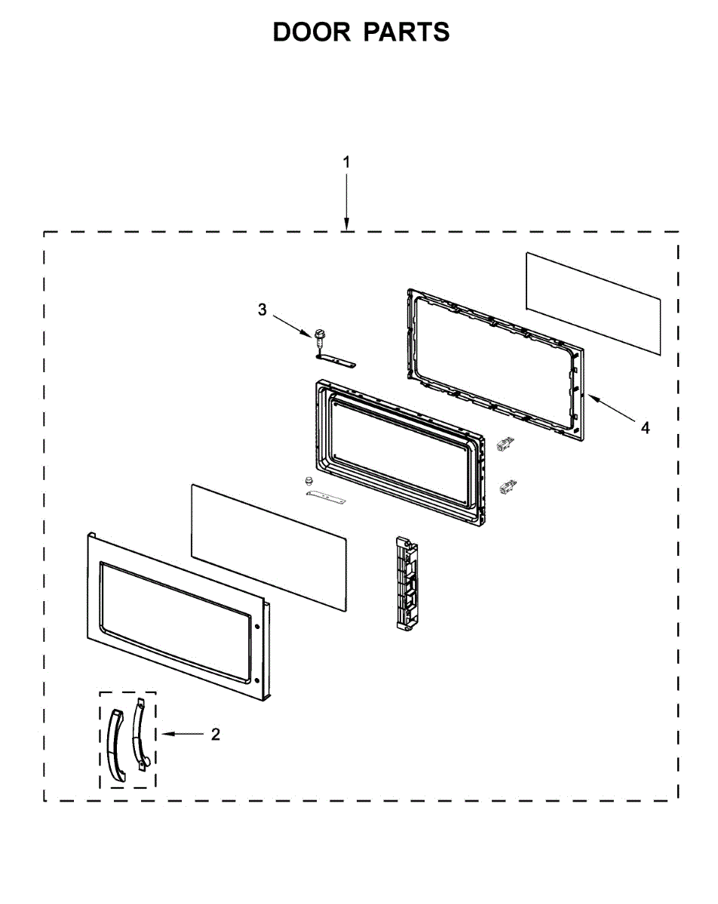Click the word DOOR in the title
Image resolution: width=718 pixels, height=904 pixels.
point(311,32)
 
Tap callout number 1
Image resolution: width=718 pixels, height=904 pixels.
point(346,162)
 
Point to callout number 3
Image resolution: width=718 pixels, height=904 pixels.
point(262,310)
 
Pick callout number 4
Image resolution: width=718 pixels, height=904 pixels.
point(645,428)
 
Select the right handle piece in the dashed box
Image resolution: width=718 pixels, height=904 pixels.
point(140,734)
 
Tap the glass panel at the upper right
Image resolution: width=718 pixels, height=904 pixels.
point(594,303)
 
